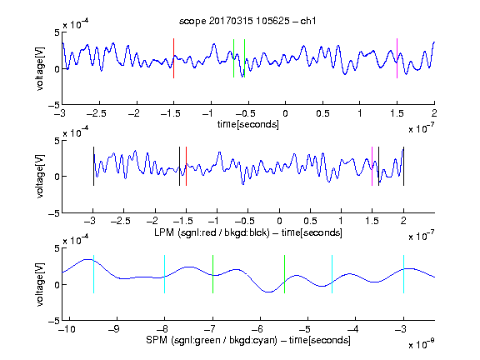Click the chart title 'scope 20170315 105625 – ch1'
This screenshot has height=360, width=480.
[x=247, y=21]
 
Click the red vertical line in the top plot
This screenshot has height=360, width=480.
[x=174, y=58]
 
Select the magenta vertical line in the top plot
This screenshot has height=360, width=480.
[x=397, y=58]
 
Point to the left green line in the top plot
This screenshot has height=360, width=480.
[x=233, y=58]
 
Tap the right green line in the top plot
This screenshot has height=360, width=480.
[x=245, y=58]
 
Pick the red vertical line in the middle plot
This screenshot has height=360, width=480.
[x=186, y=166]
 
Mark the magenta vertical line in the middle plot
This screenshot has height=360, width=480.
[x=372, y=166]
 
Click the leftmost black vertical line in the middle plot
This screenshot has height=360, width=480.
[x=93, y=166]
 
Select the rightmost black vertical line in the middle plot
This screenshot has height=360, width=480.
[x=403, y=166]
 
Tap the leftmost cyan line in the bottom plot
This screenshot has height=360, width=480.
[x=93, y=274]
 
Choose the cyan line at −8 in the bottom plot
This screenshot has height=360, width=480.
[x=165, y=274]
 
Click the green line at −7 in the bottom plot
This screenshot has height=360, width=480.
[x=212, y=274]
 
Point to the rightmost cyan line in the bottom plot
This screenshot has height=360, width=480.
[x=403, y=274]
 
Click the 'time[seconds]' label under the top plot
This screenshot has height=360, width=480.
[x=248, y=124]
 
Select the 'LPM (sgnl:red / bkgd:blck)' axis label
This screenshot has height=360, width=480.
[x=212, y=232]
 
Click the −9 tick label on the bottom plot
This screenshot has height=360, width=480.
[x=114, y=329]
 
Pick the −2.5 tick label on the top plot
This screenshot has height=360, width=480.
[x=97, y=113]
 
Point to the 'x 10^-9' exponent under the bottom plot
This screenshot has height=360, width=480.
[x=422, y=344]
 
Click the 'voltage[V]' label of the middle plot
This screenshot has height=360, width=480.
[x=40, y=177]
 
